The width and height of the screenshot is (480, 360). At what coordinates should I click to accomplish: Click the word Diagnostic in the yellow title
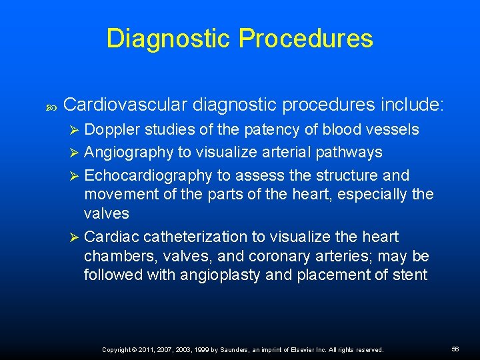click(167, 39)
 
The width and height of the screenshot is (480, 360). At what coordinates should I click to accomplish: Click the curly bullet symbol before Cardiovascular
click(51, 105)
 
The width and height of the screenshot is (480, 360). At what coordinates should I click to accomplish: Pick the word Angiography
click(128, 152)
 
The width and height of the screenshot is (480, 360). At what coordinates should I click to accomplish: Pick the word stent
click(409, 275)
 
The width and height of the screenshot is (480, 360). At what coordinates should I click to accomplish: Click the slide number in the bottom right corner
click(455, 349)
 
